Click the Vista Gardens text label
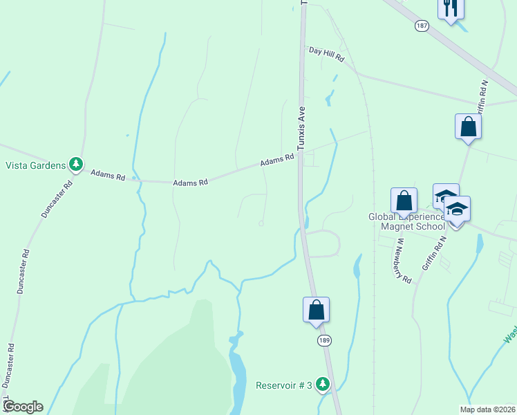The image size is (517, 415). pos(35,165)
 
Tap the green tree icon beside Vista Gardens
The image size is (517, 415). pos(76,165)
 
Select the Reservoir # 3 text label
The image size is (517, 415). pos(284,385)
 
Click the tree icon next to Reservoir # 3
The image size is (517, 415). pos(323,384)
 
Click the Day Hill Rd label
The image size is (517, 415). pos(326,54)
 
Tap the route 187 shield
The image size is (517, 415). pos(422,25)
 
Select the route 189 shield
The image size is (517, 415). pos(323,340)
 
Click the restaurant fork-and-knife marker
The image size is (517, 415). pos(451,8)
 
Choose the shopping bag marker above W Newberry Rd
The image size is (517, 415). pos(404,201)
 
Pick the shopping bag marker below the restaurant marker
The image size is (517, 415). pos(468,127)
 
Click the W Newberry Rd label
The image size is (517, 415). pos(404,261)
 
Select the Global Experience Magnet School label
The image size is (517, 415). pos(406,221)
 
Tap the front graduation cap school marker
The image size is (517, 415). pos(457,210)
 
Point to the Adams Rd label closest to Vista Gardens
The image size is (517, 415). pos(108,176)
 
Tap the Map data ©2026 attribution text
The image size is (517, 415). pos(487,409)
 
